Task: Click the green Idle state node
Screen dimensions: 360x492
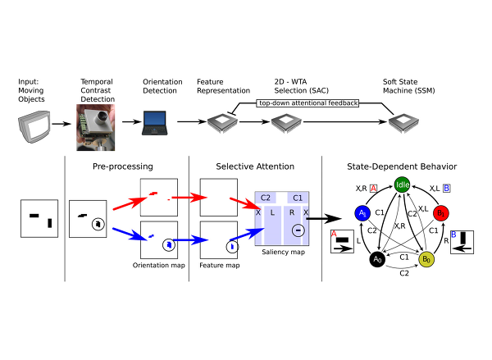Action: [x=402, y=185]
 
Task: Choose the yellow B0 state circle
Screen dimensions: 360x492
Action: [x=426, y=259]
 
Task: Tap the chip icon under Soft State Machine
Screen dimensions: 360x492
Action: [x=401, y=123]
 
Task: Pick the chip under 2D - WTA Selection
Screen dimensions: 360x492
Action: [x=288, y=123]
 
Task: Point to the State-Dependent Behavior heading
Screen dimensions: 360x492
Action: [x=402, y=166]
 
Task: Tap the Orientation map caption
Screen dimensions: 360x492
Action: [x=159, y=266]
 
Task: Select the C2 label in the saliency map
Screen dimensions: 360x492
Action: [x=265, y=198]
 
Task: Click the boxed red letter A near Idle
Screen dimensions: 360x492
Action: [x=374, y=188]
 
